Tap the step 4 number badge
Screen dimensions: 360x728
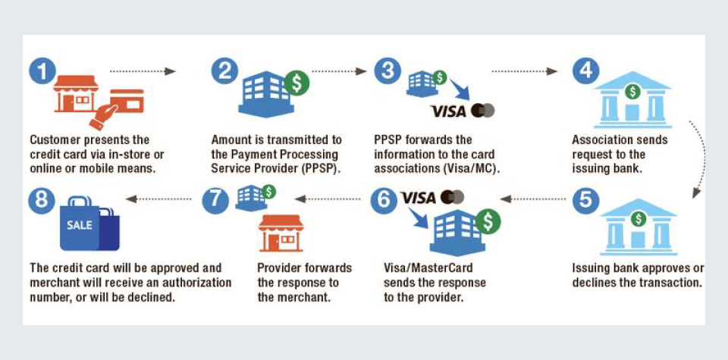(585, 71)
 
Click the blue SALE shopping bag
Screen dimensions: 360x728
(88, 224)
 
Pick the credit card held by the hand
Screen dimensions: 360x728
(127, 100)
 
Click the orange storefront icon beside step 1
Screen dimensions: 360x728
(76, 93)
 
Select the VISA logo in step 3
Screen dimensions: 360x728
(447, 111)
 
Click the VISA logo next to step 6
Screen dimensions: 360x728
(419, 198)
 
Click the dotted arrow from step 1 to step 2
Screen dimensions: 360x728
(143, 72)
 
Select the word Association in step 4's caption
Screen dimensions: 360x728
(603, 140)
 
